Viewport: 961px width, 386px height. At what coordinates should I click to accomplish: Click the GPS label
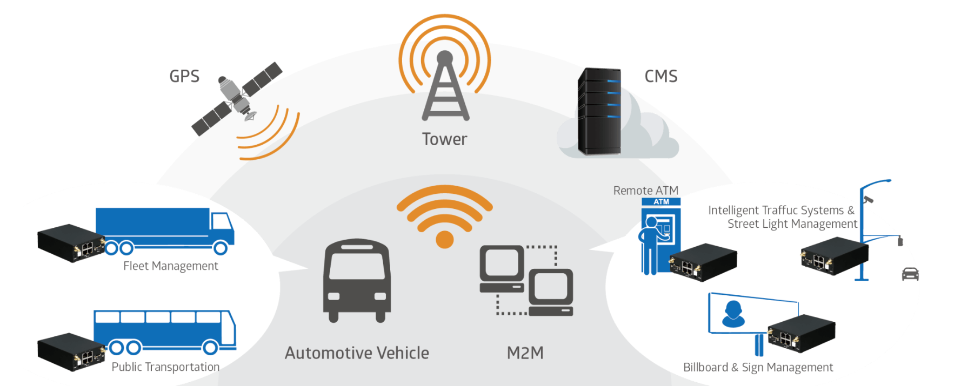(x=184, y=76)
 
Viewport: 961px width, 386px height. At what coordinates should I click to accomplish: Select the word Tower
(x=444, y=139)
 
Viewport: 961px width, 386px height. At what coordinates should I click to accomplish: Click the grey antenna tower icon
(x=445, y=89)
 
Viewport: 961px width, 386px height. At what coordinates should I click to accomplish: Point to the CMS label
(x=660, y=76)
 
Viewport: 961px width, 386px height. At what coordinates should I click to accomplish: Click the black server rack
(x=599, y=111)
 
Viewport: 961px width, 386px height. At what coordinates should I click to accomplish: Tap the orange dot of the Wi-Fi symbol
(x=444, y=239)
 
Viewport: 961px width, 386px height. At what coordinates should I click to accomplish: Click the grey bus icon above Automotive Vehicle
(x=357, y=281)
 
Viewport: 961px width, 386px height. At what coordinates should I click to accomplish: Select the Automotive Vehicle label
(x=357, y=353)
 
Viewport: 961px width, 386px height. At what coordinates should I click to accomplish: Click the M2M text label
(x=525, y=353)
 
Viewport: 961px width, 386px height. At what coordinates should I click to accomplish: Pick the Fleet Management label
(x=170, y=266)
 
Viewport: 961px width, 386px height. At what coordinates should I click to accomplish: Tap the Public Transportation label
(x=165, y=367)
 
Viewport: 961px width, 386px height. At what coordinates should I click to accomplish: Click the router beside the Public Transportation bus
(x=70, y=352)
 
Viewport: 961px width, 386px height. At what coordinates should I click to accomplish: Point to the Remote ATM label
(x=645, y=191)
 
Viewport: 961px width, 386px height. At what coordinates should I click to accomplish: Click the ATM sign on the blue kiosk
(x=661, y=202)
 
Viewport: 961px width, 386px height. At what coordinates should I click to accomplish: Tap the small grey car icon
(x=910, y=274)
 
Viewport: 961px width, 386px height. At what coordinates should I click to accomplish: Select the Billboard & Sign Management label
(x=758, y=368)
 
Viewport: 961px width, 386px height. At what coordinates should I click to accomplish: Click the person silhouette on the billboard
(x=733, y=314)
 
